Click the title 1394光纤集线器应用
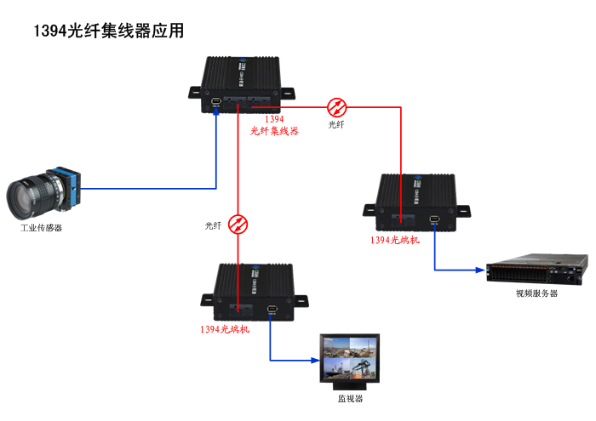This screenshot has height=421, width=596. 108,31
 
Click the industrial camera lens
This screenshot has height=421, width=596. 31,197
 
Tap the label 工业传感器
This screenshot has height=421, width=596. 41,228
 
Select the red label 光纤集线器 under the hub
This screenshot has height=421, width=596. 274,131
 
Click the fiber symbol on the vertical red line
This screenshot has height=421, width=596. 239,224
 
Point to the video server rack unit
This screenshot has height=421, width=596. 536,270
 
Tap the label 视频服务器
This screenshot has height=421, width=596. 536,293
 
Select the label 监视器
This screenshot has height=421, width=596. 350,398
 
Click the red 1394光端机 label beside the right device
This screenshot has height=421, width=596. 394,240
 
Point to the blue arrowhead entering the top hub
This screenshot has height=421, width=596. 216,113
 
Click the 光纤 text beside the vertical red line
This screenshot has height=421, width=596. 213,225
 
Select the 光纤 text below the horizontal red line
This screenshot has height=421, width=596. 337,125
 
